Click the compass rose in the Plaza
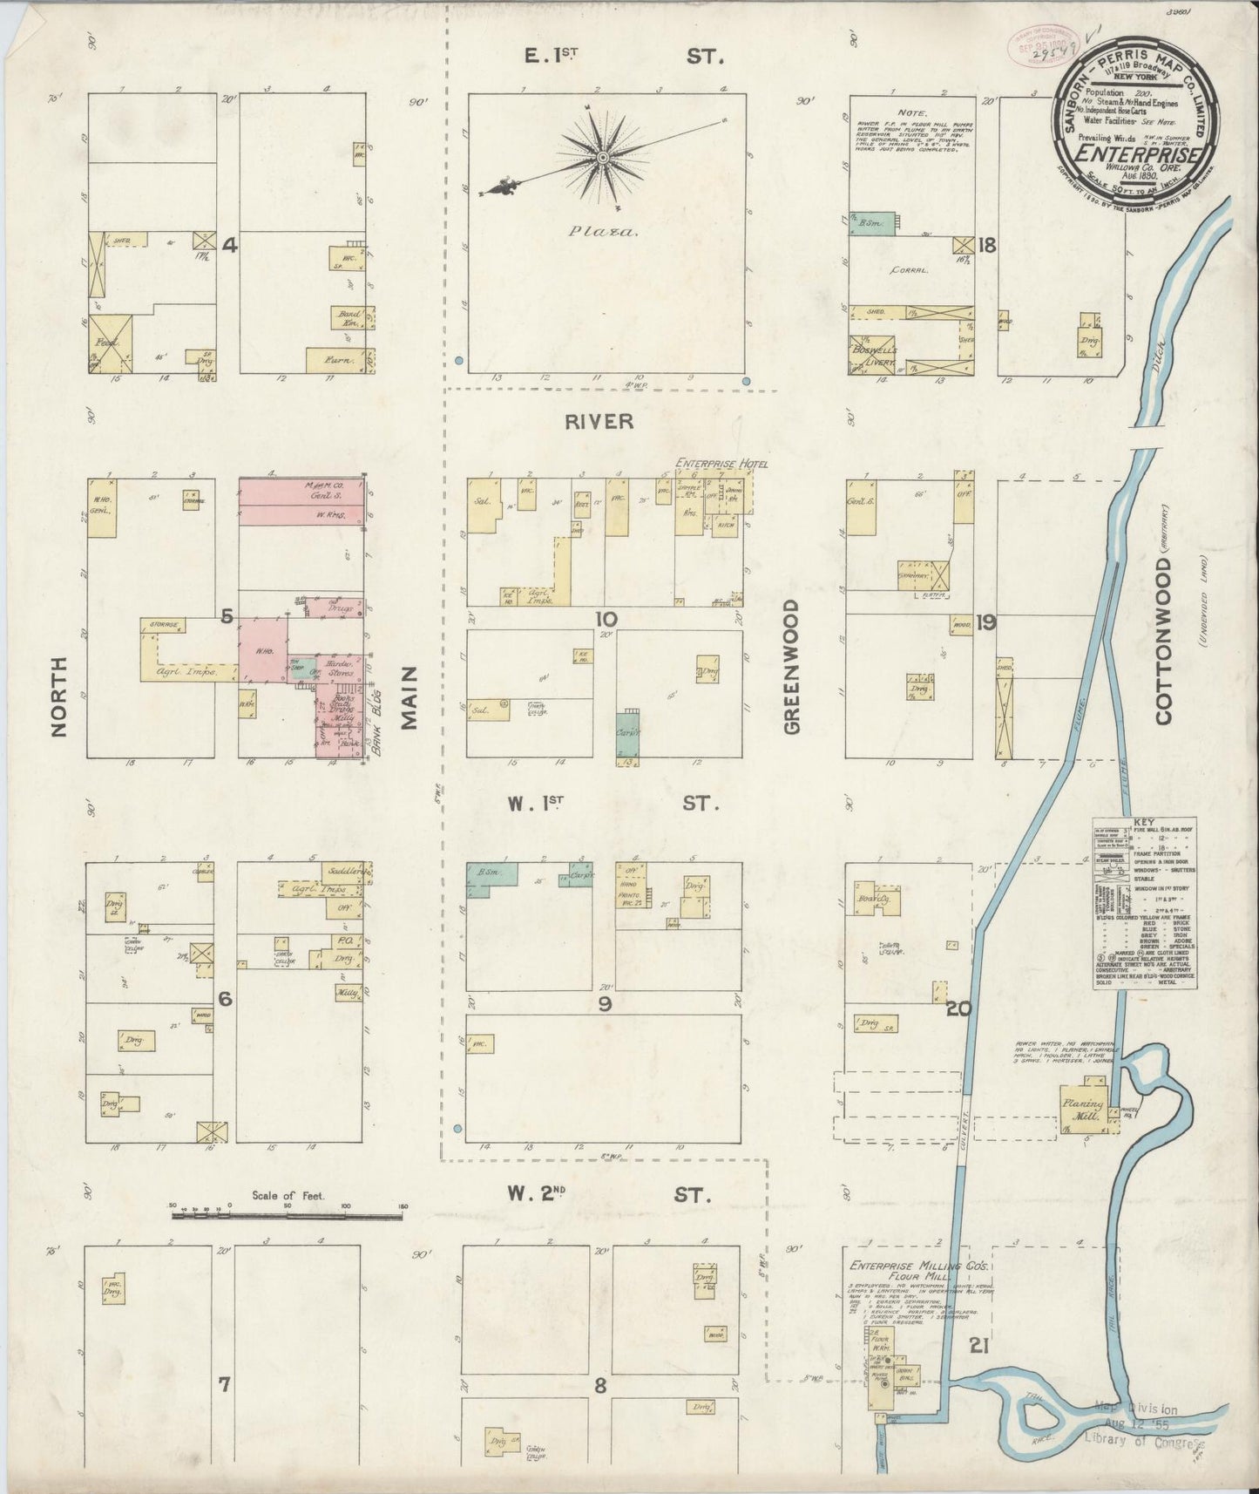pyautogui.click(x=602, y=158)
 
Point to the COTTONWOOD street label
pyautogui.click(x=1164, y=640)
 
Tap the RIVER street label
pyautogui.click(x=599, y=421)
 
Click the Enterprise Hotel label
pyautogui.click(x=721, y=464)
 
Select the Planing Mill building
pyautogui.click(x=1081, y=1108)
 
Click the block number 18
pyautogui.click(x=985, y=245)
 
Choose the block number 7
pyautogui.click(x=224, y=1383)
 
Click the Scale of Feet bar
pyautogui.click(x=288, y=1212)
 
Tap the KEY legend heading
pyautogui.click(x=1144, y=822)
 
